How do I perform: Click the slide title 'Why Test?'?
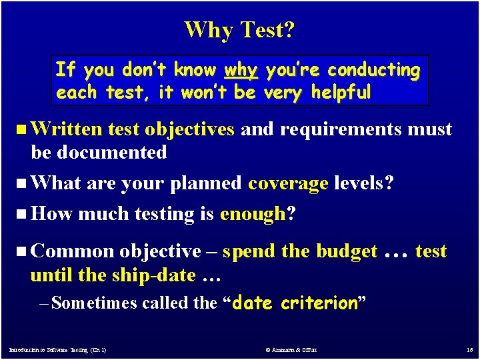point(240,29)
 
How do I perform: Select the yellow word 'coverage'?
point(288,183)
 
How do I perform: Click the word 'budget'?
point(347,251)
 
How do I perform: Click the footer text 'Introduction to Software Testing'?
point(57,349)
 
